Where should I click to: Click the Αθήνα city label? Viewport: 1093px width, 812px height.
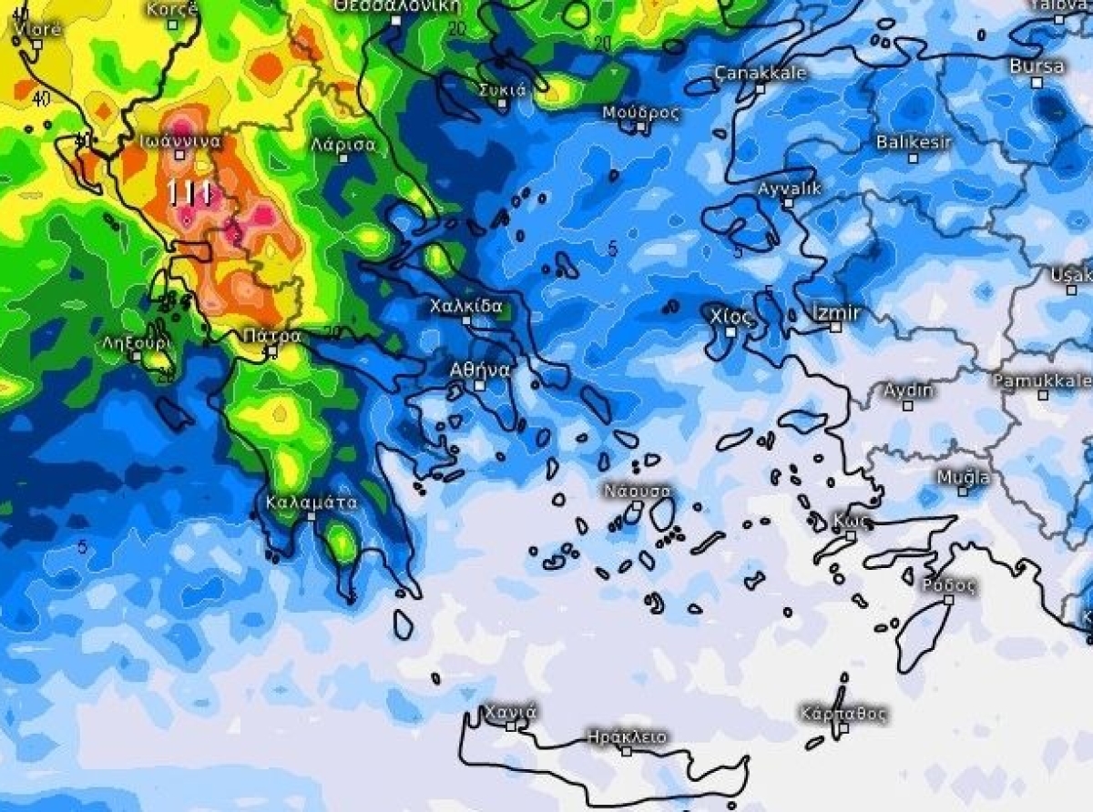pyautogui.click(x=481, y=370)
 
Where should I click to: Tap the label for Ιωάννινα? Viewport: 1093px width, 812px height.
pyautogui.click(x=180, y=140)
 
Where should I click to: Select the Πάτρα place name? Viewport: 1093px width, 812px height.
pyautogui.click(x=271, y=336)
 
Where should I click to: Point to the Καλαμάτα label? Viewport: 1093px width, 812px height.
pyautogui.click(x=312, y=502)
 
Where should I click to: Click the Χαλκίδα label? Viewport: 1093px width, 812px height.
pyautogui.click(x=466, y=306)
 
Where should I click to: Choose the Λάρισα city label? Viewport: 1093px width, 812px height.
pyautogui.click(x=342, y=144)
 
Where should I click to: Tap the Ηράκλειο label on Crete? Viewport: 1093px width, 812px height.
pyautogui.click(x=627, y=736)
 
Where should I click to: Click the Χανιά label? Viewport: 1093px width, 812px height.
pyautogui.click(x=510, y=711)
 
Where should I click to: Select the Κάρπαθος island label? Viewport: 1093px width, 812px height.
pyautogui.click(x=843, y=713)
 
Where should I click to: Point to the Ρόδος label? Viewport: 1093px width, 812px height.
pyautogui.click(x=949, y=585)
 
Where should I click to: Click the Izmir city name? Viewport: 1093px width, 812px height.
pyautogui.click(x=836, y=313)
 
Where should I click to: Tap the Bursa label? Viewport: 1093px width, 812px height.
pyautogui.click(x=1037, y=66)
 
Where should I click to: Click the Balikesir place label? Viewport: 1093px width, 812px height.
pyautogui.click(x=914, y=142)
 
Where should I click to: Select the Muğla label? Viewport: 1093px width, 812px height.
pyautogui.click(x=963, y=477)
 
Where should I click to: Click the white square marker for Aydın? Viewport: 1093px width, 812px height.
pyautogui.click(x=908, y=405)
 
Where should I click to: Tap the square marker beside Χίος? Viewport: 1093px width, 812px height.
pyautogui.click(x=731, y=332)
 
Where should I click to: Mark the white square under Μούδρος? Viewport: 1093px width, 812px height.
pyautogui.click(x=641, y=127)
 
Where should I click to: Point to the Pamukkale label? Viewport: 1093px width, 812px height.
pyautogui.click(x=1042, y=381)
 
